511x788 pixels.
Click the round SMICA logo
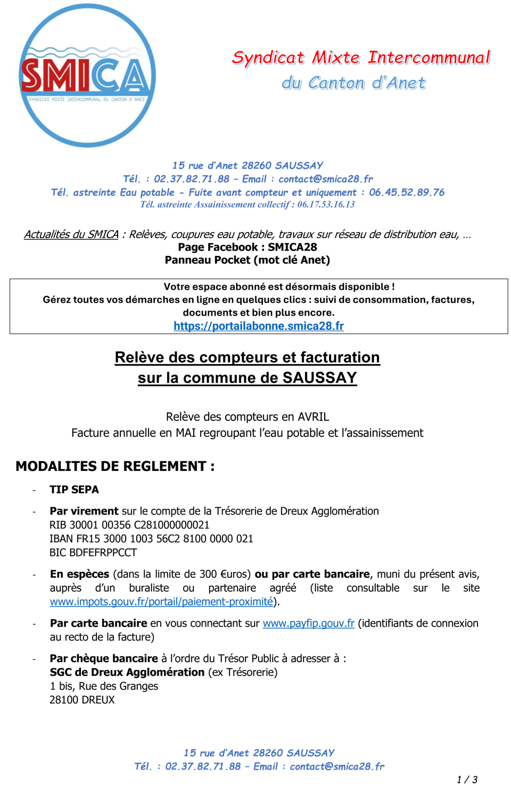click(87, 75)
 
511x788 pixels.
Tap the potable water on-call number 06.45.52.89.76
click(407, 193)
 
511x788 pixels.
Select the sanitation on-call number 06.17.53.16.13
click(326, 205)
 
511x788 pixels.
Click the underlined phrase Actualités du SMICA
click(71, 235)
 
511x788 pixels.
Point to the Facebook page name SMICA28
click(292, 247)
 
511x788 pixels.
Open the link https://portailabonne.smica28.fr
click(259, 326)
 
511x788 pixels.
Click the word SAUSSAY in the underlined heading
click(319, 378)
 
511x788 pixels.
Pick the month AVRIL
click(313, 417)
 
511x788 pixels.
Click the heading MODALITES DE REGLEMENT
click(115, 467)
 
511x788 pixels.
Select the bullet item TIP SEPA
click(74, 490)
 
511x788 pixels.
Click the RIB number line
click(129, 525)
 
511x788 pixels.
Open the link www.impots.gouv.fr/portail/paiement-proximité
click(161, 602)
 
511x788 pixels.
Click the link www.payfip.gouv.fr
click(308, 624)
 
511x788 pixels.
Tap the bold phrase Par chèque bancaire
click(104, 659)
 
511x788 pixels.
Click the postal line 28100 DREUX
click(82, 700)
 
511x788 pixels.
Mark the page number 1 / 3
click(467, 779)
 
